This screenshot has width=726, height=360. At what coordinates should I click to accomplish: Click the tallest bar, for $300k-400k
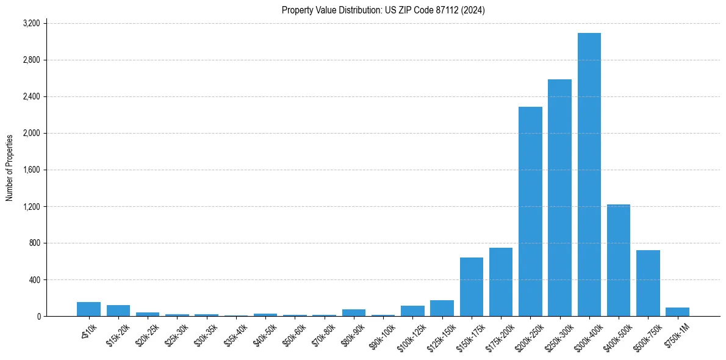(589, 175)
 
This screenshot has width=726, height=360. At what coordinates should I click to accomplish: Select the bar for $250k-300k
(559, 198)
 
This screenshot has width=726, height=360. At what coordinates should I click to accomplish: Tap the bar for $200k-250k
(530, 211)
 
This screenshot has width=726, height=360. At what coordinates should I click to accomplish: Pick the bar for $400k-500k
(619, 260)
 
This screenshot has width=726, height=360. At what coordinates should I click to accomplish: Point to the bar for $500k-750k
(648, 283)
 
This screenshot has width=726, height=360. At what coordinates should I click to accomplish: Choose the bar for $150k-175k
(472, 287)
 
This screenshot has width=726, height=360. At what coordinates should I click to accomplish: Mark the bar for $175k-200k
(501, 282)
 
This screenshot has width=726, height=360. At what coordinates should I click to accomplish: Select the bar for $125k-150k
(442, 308)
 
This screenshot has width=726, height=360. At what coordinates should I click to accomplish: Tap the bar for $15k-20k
(118, 311)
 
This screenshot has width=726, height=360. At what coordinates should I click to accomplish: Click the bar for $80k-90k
(354, 312)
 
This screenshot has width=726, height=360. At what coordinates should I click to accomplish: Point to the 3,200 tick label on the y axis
(31, 23)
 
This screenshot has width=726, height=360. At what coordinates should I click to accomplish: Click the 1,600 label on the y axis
(31, 170)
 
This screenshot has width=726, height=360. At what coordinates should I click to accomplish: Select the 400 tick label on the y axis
(34, 279)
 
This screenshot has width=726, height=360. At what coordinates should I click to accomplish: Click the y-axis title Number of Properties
(10, 168)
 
